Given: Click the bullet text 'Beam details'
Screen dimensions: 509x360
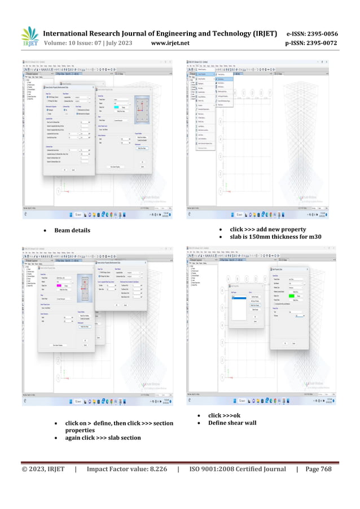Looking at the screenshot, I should (72, 230).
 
